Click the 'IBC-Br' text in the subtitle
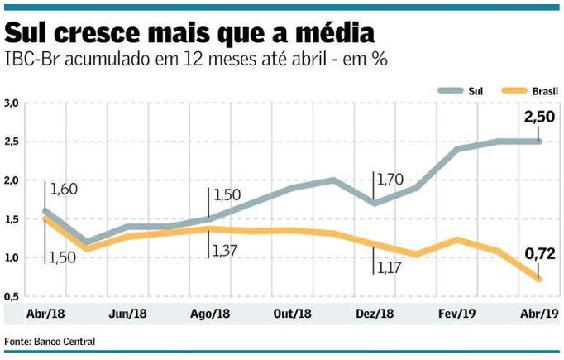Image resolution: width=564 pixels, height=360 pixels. tap(31, 60)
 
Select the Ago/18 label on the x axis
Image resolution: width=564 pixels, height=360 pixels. tap(210, 314)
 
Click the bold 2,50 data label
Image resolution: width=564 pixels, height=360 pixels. tap(539, 118)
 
